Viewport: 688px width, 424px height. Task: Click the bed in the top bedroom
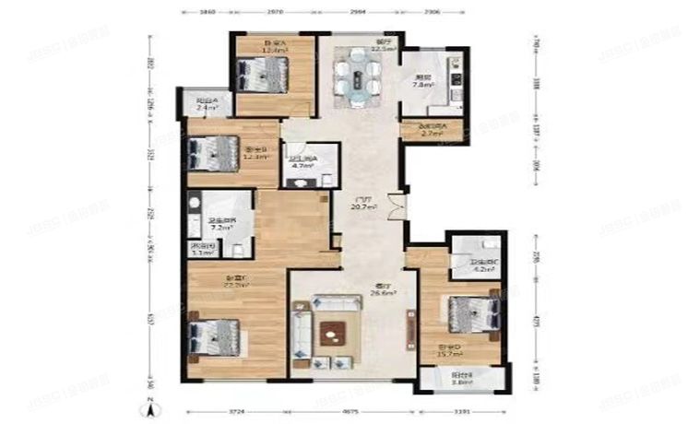pyautogui.click(x=263, y=73)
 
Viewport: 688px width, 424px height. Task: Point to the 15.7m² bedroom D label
pyautogui.click(x=448, y=353)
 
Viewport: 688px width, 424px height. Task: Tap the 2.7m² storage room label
pyautogui.click(x=433, y=134)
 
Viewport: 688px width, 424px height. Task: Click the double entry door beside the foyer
pyautogui.click(x=396, y=205)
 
